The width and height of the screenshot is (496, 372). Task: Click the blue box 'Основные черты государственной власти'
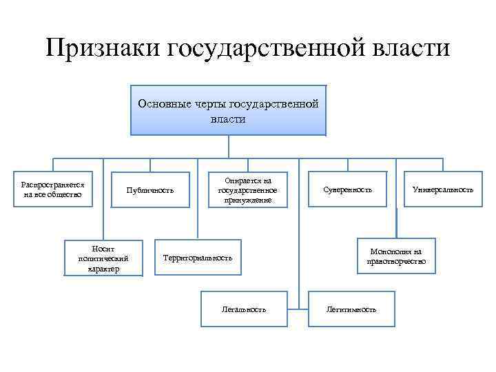click(x=228, y=110)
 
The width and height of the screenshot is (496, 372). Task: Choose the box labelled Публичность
click(x=149, y=189)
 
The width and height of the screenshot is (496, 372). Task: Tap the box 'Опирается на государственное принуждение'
click(x=247, y=189)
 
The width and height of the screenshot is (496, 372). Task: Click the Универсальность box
click(x=442, y=189)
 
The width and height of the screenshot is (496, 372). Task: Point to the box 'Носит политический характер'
click(x=103, y=258)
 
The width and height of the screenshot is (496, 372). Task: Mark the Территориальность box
click(x=197, y=258)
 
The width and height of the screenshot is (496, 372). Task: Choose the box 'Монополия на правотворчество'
click(x=396, y=256)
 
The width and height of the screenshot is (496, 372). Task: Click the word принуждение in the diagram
click(x=247, y=200)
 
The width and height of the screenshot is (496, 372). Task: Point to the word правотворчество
click(x=396, y=262)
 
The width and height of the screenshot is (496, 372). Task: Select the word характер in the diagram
click(x=103, y=269)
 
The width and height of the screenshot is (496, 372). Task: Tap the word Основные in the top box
click(x=161, y=104)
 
